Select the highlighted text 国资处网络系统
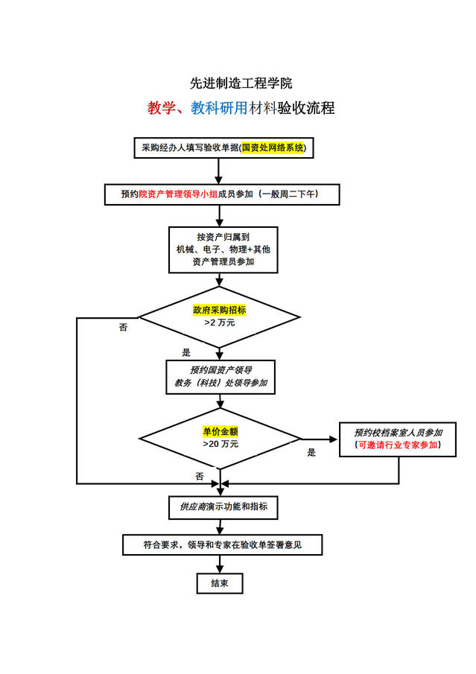(273, 148)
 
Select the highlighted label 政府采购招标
(219, 310)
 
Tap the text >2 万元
(219, 323)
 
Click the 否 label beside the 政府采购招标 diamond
(123, 328)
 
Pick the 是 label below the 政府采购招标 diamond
(186, 352)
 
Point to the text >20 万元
(220, 444)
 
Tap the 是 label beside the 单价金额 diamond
(311, 452)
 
